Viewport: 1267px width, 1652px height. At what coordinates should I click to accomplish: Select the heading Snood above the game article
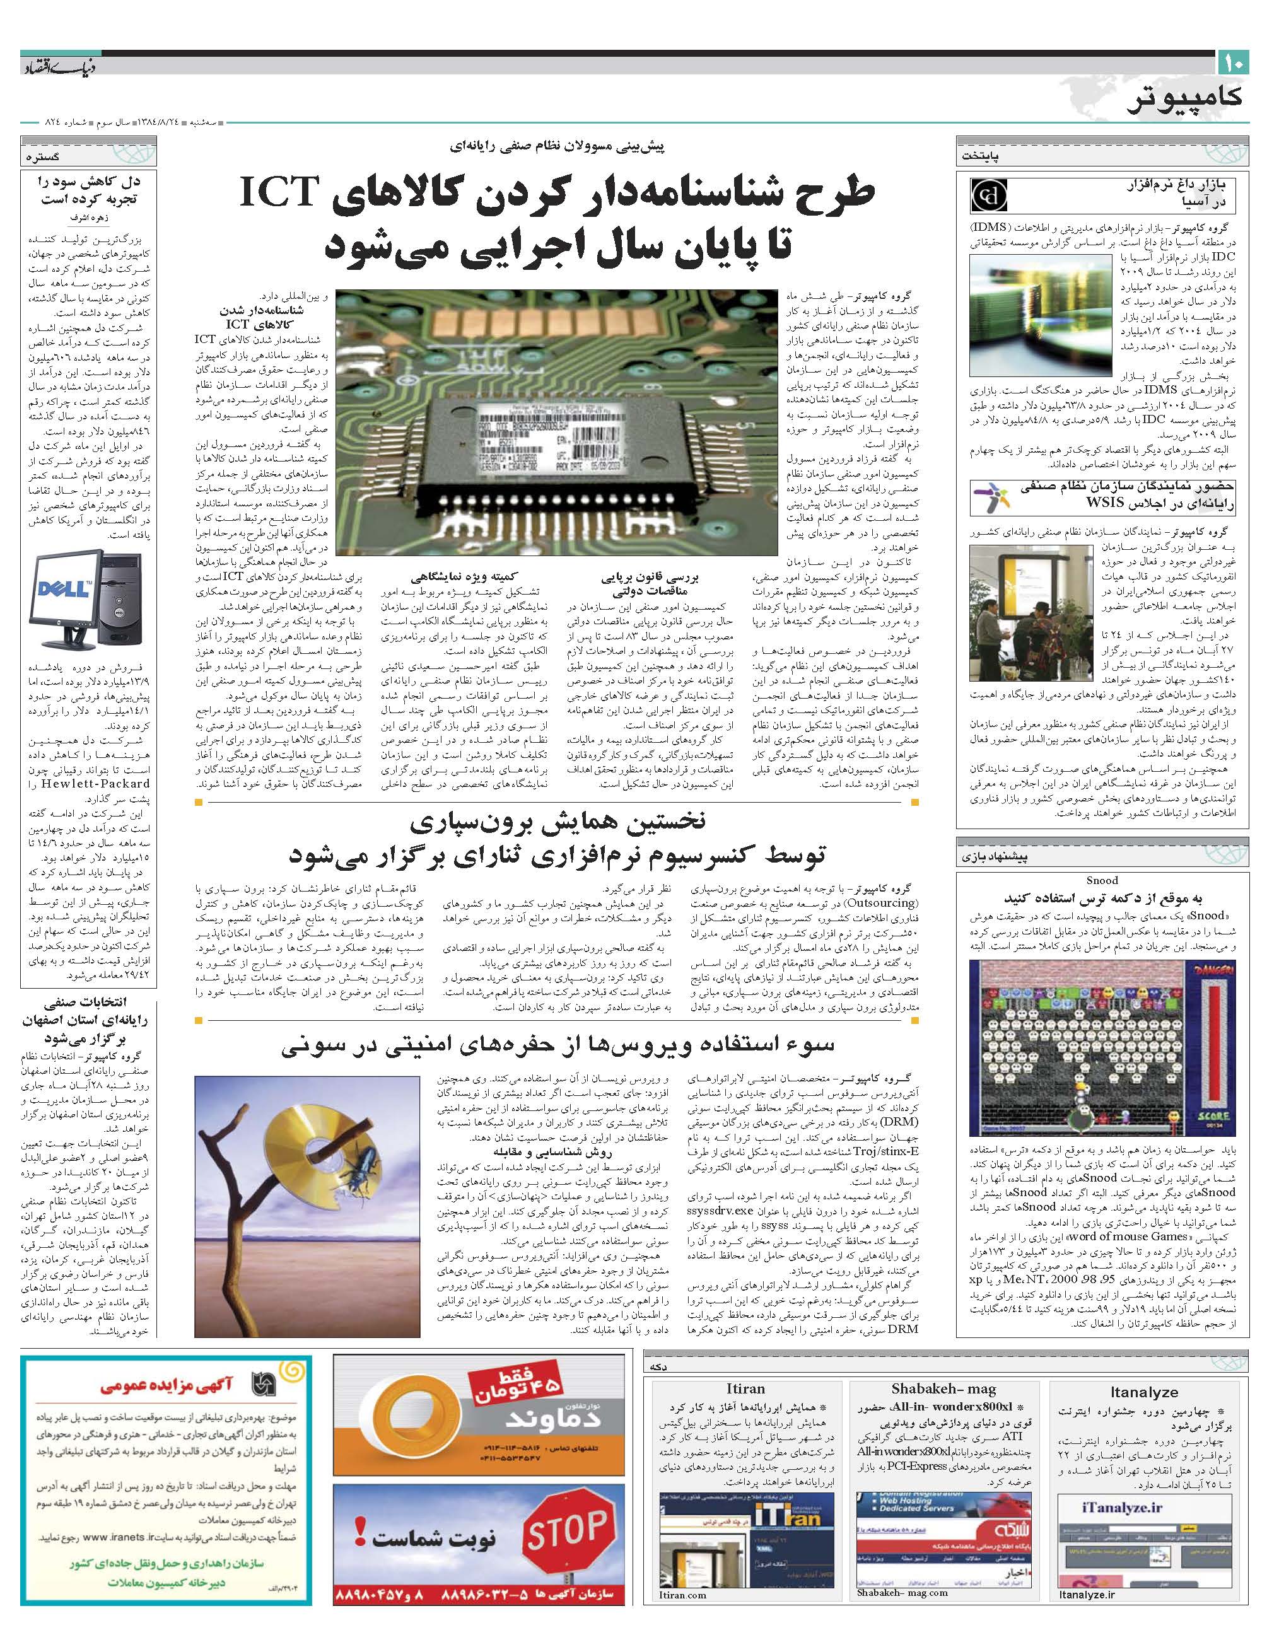(x=1102, y=880)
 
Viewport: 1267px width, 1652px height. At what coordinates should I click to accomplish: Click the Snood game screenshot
(x=1102, y=1049)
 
